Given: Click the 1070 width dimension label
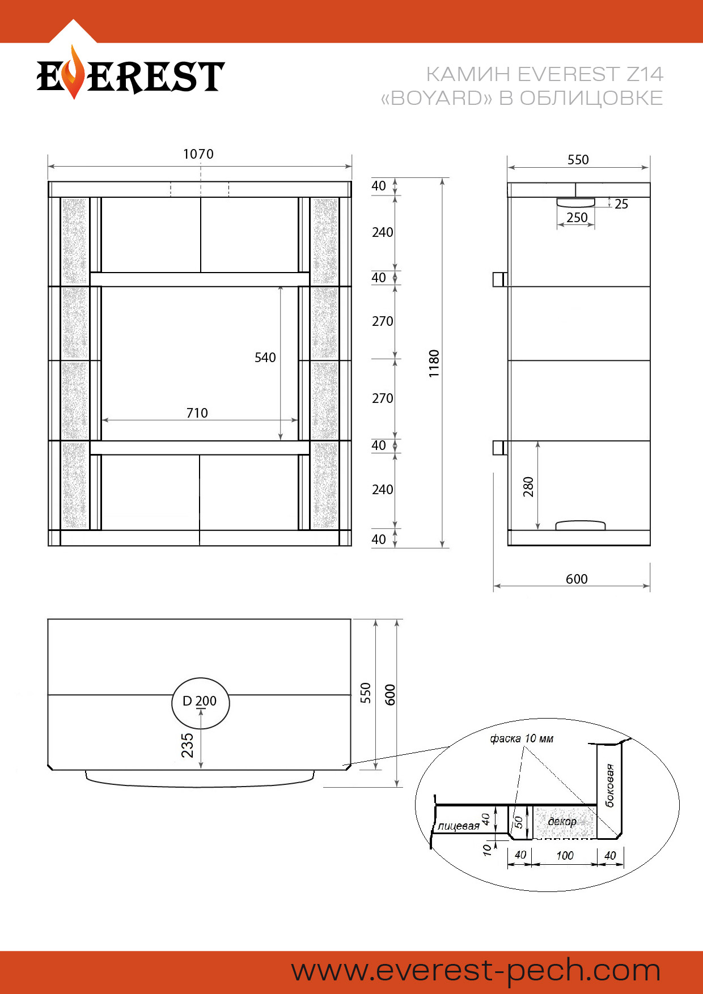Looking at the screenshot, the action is coord(198,154).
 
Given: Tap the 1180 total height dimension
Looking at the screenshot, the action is coord(434,364).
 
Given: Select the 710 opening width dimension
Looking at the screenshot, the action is coord(197,413).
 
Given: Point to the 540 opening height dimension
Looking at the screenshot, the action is coord(265,358).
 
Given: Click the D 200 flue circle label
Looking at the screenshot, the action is coord(200,701).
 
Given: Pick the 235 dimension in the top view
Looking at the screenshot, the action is coord(187,745).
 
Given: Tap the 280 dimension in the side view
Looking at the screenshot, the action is coord(528,487).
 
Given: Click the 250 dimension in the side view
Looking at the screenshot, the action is coord(577,218).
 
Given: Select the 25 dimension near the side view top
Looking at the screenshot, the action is coord(621,204).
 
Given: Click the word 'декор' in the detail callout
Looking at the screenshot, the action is coord(562,822).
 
